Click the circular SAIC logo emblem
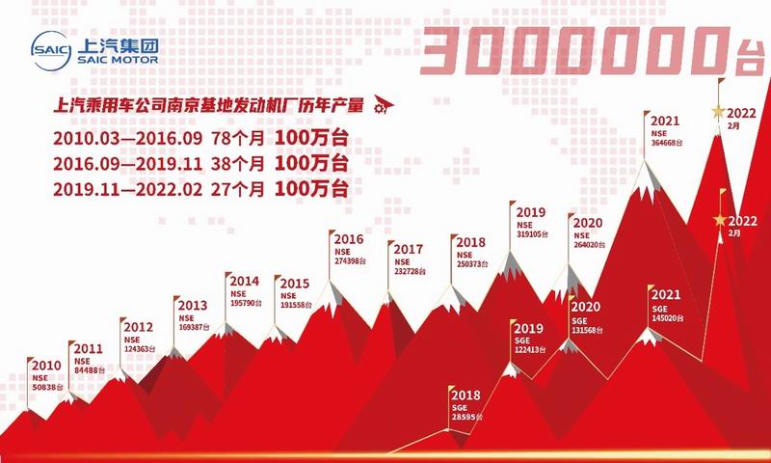(51, 50)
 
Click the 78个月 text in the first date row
(238, 138)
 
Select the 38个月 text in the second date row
(238, 163)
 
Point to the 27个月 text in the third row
(238, 189)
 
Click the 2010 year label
(46, 365)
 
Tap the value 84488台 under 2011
(90, 370)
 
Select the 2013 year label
(193, 305)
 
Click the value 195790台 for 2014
(246, 303)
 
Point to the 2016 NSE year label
(349, 239)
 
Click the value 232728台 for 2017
(411, 272)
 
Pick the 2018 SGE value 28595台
(467, 418)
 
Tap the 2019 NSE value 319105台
(532, 234)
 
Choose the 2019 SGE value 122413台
(531, 350)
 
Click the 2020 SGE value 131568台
(588, 330)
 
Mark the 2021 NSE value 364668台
(667, 143)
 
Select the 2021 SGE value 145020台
(668, 318)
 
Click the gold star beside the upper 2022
(718, 112)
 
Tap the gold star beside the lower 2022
(720, 220)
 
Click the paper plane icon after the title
(384, 104)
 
